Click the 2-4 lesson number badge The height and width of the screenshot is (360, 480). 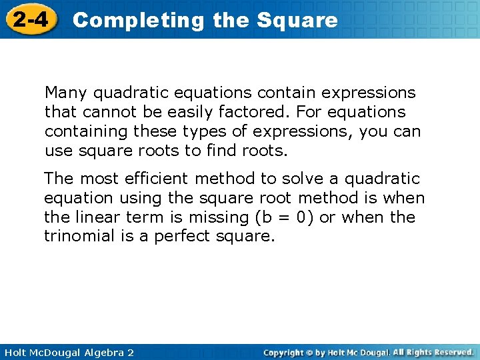tap(31, 20)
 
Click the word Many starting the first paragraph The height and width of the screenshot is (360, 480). tap(64, 93)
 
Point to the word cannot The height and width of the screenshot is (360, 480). tap(106, 112)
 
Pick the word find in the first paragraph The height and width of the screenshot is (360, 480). tap(221, 151)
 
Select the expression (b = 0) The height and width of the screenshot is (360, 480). tap(277, 217)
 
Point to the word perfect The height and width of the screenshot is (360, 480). tap(181, 237)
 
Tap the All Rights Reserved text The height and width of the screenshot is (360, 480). tap(433, 352)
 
